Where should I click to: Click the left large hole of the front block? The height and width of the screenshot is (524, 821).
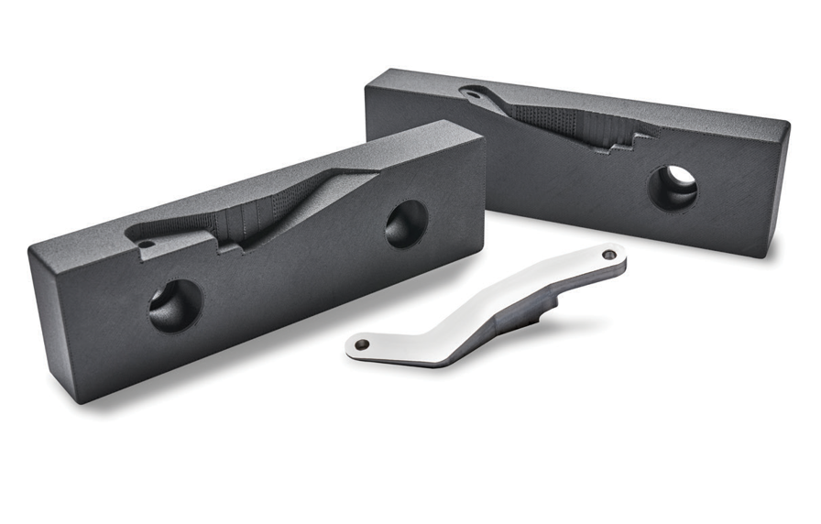(174, 305)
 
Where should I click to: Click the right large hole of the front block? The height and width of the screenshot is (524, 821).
(406, 224)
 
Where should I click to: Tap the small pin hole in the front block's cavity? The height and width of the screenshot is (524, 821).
(147, 245)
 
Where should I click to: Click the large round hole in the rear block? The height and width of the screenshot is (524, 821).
(673, 187)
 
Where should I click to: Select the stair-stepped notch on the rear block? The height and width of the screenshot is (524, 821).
(632, 139)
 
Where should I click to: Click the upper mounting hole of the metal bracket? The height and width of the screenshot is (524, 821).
(609, 254)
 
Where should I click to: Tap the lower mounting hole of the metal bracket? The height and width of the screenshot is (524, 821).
(362, 344)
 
